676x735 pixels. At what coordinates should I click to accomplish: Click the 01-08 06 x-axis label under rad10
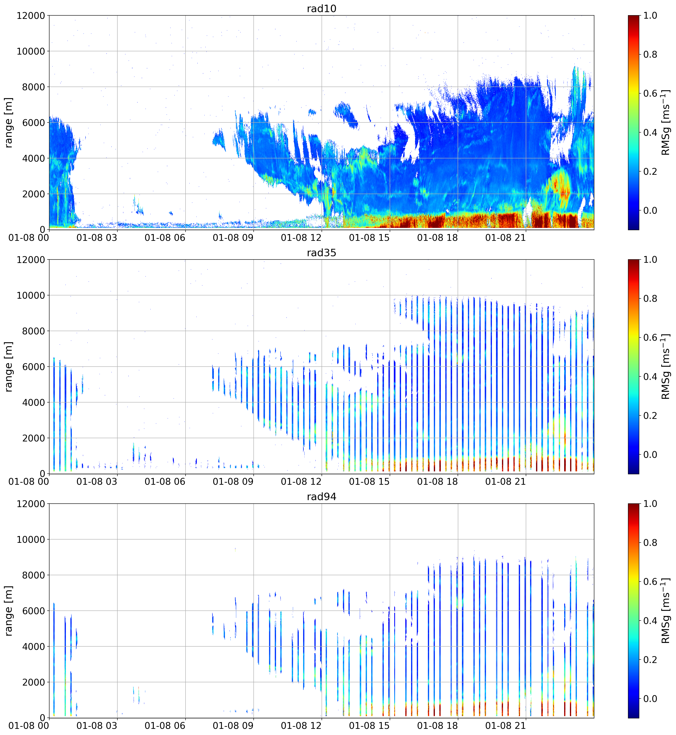(165, 238)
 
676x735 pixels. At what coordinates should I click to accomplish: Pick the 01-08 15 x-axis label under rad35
(369, 482)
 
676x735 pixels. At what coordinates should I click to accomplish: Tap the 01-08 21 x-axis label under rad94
(505, 726)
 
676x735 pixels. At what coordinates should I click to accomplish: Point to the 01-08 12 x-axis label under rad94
(301, 726)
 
